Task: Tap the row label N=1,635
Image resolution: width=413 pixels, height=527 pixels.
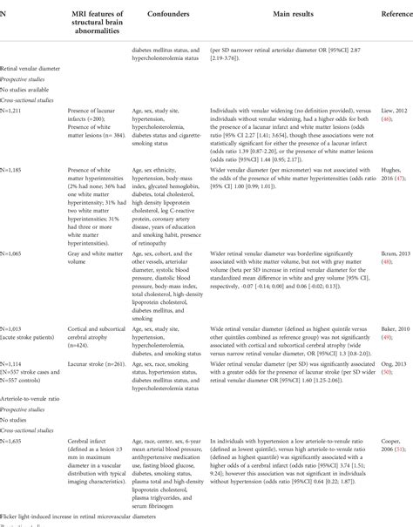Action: (15, 441)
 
